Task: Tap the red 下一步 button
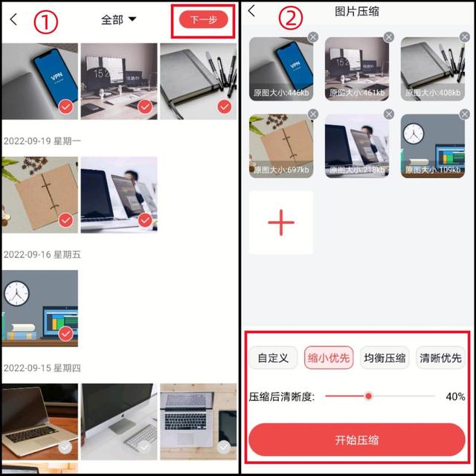pos(203,20)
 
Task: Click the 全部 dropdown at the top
pos(118,20)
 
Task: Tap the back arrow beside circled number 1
pos(13,20)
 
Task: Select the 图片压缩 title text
pos(358,11)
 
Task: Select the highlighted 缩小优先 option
pos(329,358)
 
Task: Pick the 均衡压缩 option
pos(385,358)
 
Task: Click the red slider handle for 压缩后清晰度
pos(368,396)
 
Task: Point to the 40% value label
pos(455,396)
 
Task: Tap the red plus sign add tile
pos(281,222)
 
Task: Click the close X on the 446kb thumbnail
pos(313,37)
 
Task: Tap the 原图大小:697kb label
pos(281,170)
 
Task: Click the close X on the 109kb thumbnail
pos(465,114)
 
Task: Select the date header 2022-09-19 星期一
pos(42,141)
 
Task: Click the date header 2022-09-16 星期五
pos(42,254)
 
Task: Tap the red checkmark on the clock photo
pos(66,334)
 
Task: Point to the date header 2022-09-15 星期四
pos(42,368)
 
